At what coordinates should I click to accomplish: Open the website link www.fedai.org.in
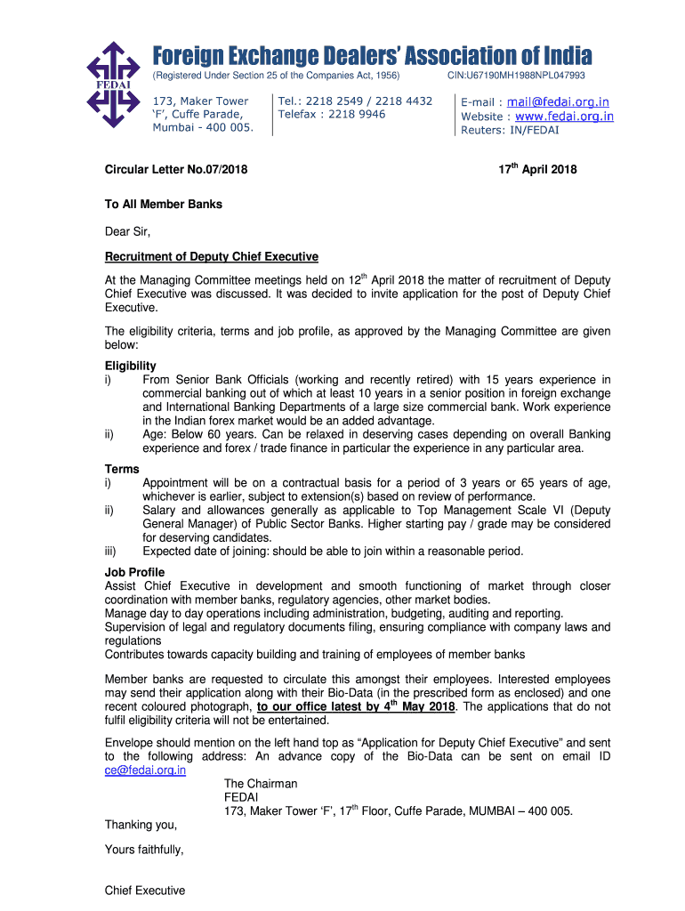coord(564,116)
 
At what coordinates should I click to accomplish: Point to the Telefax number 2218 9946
coord(332,114)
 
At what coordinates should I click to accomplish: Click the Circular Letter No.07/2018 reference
coord(176,170)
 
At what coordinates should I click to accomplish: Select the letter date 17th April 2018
coord(537,169)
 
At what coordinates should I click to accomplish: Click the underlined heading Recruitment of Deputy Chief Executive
coord(211,257)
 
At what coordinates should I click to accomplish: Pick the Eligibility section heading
coord(130,366)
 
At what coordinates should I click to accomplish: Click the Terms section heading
coord(122,469)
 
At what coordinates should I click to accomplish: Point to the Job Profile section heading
coord(134,572)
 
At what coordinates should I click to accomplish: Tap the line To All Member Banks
coord(163,204)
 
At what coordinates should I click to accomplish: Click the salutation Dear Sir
coord(127,232)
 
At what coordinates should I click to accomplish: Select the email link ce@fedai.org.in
coord(145,770)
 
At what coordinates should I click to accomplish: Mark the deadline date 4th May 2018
coord(417,706)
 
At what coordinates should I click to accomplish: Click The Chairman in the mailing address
coord(261,784)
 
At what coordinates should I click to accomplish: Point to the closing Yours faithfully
coord(144,850)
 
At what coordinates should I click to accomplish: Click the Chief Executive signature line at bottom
coord(145,891)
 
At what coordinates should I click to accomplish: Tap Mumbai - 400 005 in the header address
coord(203,127)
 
